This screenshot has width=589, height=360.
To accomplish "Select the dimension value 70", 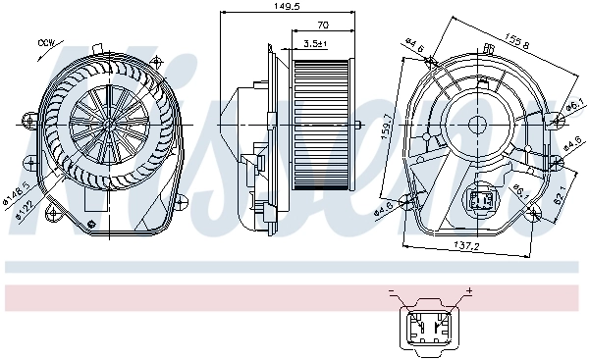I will pos(321,26).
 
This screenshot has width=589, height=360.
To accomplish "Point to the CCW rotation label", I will pos(44,43).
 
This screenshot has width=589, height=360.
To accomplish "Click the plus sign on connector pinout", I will pos(468,291).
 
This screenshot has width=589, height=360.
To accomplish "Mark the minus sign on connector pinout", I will pos(391,291).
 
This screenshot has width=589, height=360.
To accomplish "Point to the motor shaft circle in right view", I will pos(481,125).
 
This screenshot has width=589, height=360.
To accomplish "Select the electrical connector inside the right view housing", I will pos(482,199).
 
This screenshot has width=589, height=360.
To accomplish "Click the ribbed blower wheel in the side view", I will pos(322,123).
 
